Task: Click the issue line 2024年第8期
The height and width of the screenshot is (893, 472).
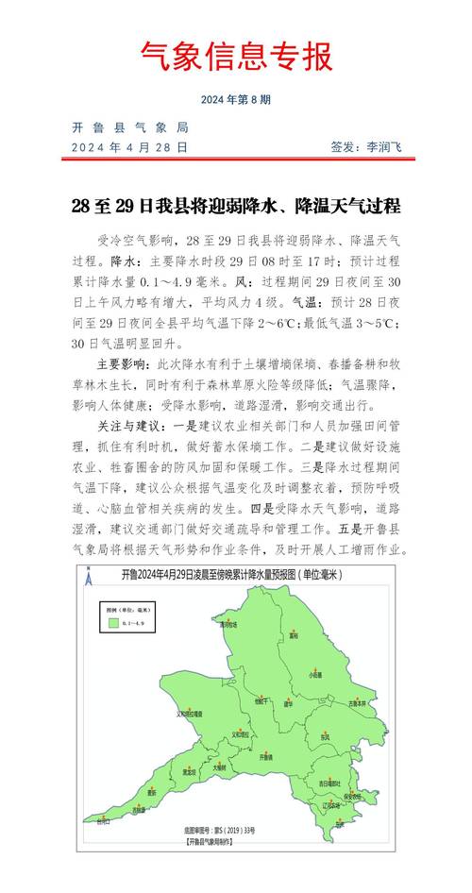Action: [236, 99]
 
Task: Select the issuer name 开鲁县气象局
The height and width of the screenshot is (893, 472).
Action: [130, 127]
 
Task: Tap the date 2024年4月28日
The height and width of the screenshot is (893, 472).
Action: [130, 147]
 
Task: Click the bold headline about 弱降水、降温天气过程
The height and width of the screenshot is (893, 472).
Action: [236, 205]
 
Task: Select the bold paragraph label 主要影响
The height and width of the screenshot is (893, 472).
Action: [122, 363]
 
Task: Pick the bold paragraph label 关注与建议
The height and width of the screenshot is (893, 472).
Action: [126, 427]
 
